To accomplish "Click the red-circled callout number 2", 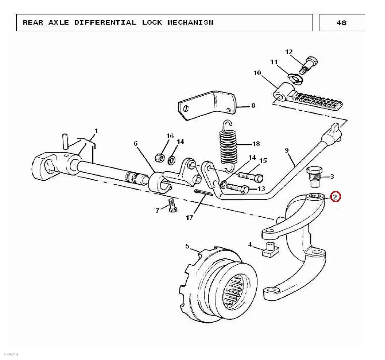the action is click(335, 197).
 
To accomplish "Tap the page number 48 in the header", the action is click(342, 23).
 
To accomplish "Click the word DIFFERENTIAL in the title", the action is click(105, 23).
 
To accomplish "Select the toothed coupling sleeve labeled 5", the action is click(218, 284).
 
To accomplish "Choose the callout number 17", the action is click(190, 218).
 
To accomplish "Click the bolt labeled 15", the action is click(250, 177).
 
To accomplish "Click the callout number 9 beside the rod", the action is click(287, 150).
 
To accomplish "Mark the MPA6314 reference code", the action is click(11, 354).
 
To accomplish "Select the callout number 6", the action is click(136, 143).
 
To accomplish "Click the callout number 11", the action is click(274, 62).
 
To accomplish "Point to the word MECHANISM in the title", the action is click(191, 23).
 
